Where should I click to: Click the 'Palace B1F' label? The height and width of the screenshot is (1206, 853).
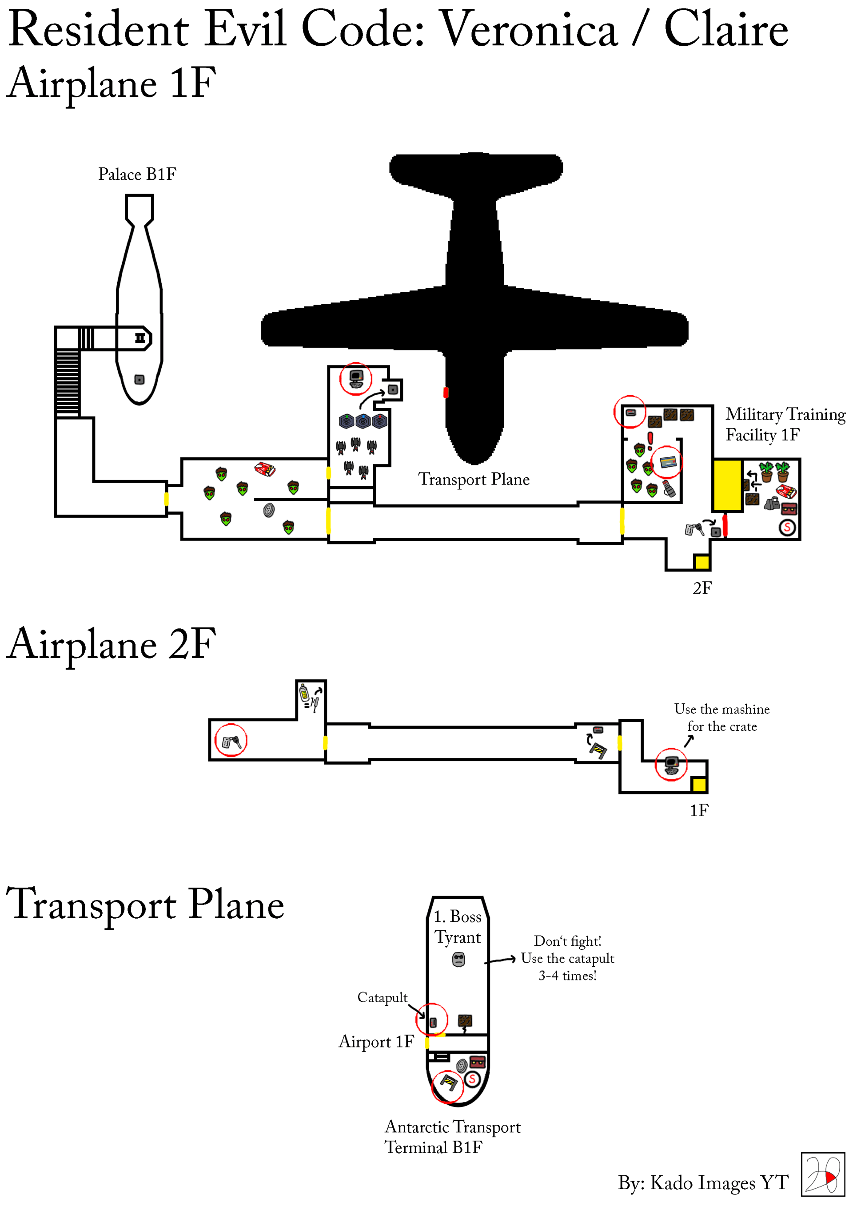point(137,174)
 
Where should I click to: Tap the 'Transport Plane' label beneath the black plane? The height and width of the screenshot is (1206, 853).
point(474,479)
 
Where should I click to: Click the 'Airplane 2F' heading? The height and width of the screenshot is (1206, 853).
point(112,644)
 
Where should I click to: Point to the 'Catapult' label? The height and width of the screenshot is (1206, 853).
point(382,997)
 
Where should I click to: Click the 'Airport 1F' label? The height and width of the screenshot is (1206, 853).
point(376,1041)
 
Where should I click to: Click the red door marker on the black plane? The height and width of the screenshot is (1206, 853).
point(446,393)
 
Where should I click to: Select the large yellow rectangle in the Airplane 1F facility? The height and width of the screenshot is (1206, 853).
point(727,485)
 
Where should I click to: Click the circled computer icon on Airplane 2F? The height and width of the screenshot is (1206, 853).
point(671,764)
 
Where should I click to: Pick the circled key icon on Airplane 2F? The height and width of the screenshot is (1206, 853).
point(231,741)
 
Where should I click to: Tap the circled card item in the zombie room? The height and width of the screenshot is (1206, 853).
point(667,462)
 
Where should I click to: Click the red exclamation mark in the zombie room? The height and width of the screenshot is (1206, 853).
point(650,440)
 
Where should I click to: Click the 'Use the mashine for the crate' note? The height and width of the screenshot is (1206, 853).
point(721,718)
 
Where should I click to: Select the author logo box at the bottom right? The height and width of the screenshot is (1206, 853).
point(822,1174)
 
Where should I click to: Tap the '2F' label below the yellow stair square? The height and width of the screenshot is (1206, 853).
point(702,588)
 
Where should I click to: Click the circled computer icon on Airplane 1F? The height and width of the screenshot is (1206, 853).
point(356,378)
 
